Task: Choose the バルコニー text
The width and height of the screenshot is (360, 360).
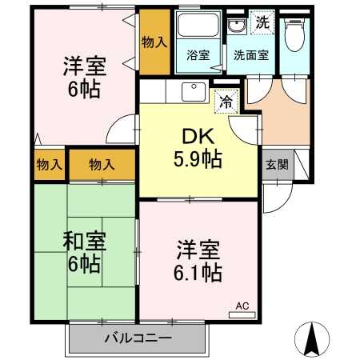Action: (138, 338)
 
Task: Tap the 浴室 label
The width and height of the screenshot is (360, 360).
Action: (197, 56)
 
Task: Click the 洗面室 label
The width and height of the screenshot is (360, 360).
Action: (250, 56)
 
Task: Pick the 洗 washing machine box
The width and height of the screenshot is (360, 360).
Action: (261, 23)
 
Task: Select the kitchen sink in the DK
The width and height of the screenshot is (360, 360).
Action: (193, 91)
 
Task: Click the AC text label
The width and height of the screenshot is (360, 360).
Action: (242, 304)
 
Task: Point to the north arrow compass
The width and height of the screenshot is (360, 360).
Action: (314, 338)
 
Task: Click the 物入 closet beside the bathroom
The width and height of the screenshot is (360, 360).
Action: (154, 42)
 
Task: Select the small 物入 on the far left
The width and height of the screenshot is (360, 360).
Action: (50, 165)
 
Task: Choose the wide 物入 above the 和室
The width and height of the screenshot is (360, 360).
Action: (102, 165)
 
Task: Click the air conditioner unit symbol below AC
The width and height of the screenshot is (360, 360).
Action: (242, 314)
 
